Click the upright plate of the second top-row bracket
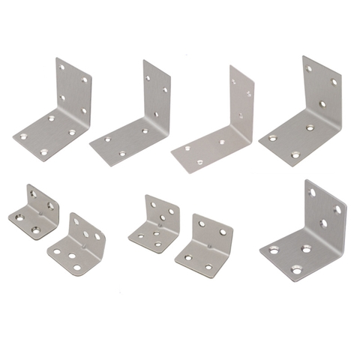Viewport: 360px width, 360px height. [156, 94]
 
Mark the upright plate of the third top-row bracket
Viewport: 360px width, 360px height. [240, 101]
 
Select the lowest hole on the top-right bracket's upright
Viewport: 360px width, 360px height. [322, 104]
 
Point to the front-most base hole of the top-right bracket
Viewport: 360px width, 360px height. [295, 154]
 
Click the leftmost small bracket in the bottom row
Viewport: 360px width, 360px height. [33, 211]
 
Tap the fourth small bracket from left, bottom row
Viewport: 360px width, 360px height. [204, 247]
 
